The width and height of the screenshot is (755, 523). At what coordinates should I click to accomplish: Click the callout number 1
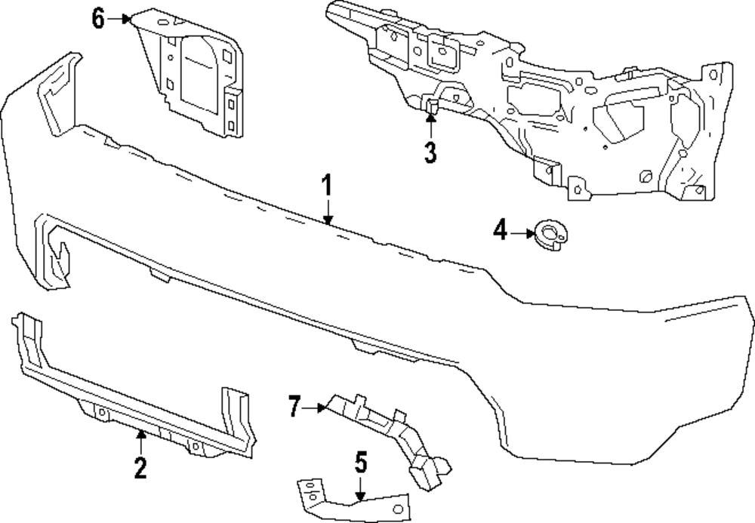[327, 185]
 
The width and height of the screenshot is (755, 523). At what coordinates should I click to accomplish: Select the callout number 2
[140, 468]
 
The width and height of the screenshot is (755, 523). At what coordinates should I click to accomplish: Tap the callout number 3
[430, 152]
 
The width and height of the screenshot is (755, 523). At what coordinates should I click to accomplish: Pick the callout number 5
[361, 461]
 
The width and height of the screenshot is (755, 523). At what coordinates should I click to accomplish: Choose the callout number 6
[98, 19]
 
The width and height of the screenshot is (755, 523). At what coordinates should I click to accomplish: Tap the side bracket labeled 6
[193, 75]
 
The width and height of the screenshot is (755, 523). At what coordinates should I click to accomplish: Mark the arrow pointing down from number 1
[327, 211]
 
